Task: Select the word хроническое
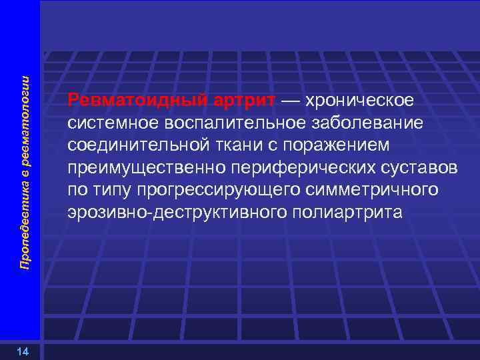361,100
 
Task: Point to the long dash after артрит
291,100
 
